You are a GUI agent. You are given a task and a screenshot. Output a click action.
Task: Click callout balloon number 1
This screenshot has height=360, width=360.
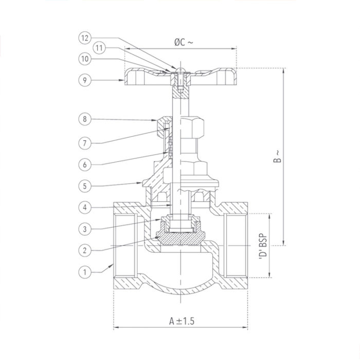click(86, 270)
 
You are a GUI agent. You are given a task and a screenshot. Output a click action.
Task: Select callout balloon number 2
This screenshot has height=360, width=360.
click(86, 250)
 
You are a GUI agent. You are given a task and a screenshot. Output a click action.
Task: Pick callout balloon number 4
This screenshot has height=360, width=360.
click(86, 207)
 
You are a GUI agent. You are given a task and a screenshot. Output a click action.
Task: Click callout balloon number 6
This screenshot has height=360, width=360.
click(86, 165)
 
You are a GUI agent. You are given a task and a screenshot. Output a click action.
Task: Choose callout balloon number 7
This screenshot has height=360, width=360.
click(86, 142)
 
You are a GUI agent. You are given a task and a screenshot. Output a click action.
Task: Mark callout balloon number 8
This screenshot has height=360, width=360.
click(86, 119)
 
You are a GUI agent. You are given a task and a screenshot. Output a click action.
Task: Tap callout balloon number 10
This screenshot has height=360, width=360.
click(86, 59)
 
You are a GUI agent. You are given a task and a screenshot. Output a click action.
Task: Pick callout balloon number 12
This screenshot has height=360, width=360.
click(86, 38)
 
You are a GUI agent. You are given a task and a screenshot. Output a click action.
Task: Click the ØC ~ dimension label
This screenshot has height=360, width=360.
click(183, 43)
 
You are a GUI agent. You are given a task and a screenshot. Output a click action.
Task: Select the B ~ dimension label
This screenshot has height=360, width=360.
click(277, 156)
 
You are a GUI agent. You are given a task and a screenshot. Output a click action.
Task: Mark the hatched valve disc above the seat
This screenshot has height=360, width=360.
click(181, 238)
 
